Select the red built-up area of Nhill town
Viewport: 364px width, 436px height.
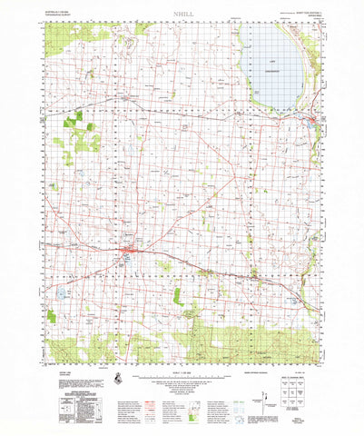pyautogui.click(x=129, y=249)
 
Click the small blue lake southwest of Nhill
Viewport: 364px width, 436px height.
pyautogui.click(x=62, y=293)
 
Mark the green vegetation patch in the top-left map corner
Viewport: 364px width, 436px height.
pyautogui.click(x=60, y=36)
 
